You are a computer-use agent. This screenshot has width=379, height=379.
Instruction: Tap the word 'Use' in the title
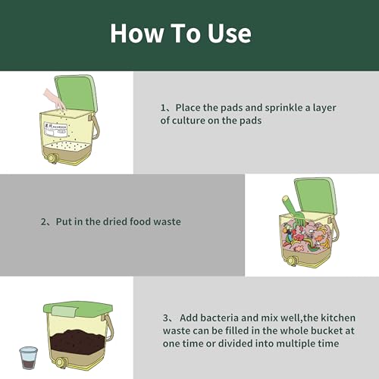pos(226,33)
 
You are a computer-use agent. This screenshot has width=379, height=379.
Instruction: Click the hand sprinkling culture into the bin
pos(55,98)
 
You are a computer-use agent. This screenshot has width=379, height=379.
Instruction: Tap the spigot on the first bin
pos(51,158)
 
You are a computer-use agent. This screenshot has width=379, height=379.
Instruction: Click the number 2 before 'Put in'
pos(44,223)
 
